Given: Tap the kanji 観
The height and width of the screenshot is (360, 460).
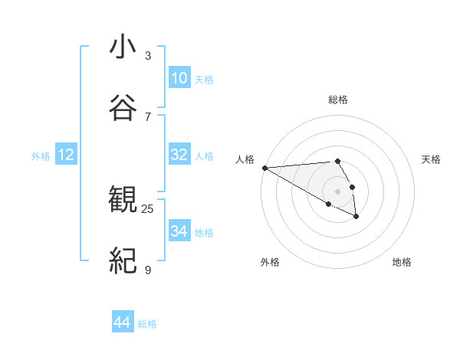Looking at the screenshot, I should coord(123,201).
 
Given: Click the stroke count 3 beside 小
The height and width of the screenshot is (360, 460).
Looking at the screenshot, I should coord(148,56).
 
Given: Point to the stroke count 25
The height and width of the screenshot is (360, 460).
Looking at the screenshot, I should coord(148,208).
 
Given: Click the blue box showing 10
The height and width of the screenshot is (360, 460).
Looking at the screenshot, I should coord(179,78).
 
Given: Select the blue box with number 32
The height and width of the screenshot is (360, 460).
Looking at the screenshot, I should coord(179,155).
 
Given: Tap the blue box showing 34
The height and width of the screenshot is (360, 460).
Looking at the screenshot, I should coord(179,231).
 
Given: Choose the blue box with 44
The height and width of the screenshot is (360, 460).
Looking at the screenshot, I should coord(123,323).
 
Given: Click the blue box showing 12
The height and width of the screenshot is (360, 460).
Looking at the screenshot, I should coord(66,155).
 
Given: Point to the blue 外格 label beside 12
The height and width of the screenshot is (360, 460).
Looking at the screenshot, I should coord(41,156).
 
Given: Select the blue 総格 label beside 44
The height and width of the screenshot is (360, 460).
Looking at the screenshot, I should coord(147,324).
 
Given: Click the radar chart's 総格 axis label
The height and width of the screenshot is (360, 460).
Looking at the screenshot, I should coord(338,100).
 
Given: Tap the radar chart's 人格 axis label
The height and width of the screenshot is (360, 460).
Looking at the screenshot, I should coord(245,159).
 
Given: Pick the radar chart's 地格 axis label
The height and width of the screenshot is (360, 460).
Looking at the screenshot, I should coord(402,263).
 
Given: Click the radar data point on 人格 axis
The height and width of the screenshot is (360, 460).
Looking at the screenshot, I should coord(264,168).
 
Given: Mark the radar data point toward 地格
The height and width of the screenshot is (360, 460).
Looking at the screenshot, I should coord(356,218).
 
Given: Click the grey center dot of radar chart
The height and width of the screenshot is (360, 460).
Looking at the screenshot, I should coord(338,191).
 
